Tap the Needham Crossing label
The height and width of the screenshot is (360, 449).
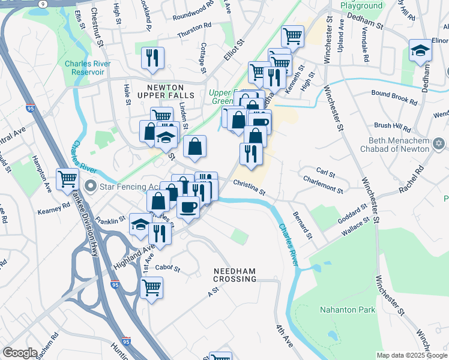tap(235, 275)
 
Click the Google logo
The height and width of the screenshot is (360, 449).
tap(20, 353)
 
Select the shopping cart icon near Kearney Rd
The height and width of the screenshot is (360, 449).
tap(67, 178)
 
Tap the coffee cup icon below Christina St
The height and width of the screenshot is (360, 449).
tap(188, 207)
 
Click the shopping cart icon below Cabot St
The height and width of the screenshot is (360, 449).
tap(151, 287)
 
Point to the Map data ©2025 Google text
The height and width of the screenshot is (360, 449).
tap(411, 355)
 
